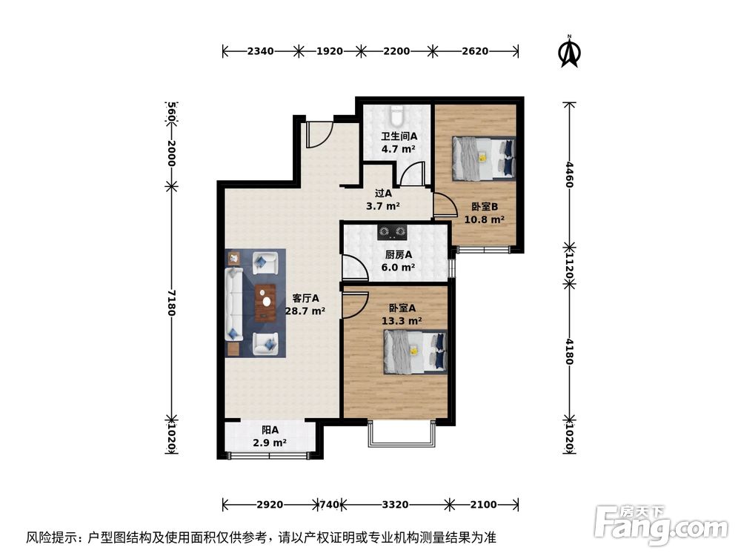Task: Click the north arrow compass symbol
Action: click(569, 52)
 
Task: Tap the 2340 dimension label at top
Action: click(261, 51)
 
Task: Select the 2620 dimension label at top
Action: click(474, 51)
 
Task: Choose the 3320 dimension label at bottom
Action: click(395, 505)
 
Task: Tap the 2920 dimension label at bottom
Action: click(270, 505)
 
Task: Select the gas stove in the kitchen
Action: click(393, 233)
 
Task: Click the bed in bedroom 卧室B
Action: click(483, 158)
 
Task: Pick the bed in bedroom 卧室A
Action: click(415, 351)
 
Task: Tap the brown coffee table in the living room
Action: click(265, 303)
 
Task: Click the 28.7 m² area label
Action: click(305, 311)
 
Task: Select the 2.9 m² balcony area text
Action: click(270, 443)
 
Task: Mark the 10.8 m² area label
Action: click(484, 219)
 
